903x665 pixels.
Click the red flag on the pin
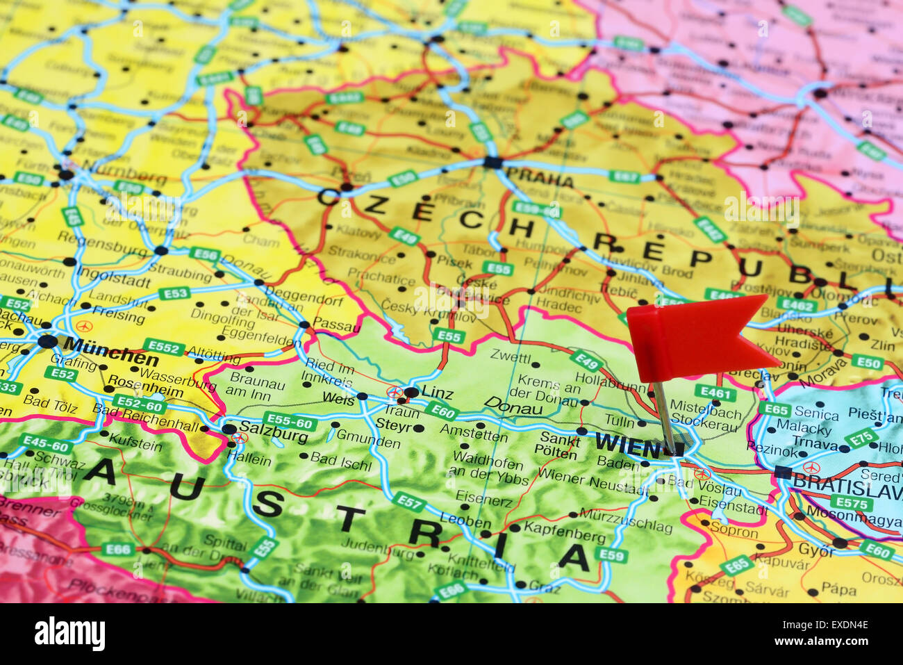coord(695,337)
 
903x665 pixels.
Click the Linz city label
coord(437,394)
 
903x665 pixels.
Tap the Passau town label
coord(337,323)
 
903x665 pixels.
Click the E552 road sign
coord(165,347)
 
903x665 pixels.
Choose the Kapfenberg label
coord(564,536)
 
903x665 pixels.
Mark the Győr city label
coord(815,550)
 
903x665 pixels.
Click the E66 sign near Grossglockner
coord(117,550)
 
